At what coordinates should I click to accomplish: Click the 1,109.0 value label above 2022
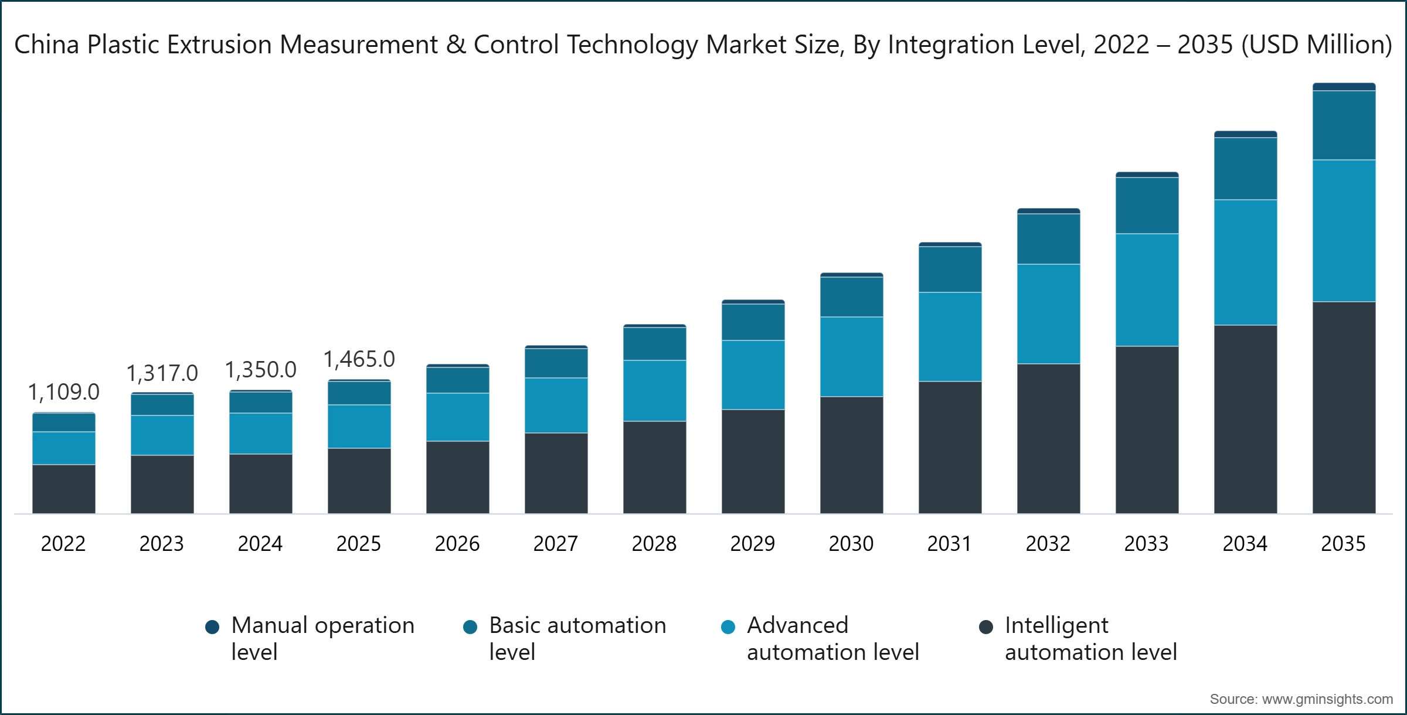click(x=64, y=392)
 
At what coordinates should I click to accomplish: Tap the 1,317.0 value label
click(x=162, y=373)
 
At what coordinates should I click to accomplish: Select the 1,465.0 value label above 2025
click(x=359, y=359)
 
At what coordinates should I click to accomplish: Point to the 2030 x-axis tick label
click(x=851, y=544)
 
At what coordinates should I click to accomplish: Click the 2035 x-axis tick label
click(x=1344, y=544)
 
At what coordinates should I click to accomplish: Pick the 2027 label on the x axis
click(x=556, y=544)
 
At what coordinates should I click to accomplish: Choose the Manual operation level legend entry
click(x=311, y=638)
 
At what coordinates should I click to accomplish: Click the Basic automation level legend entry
click(x=566, y=638)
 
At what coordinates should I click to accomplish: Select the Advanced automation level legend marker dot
click(x=728, y=627)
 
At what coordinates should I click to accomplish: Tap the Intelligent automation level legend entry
click(x=1079, y=638)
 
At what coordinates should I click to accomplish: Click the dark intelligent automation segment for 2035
click(x=1344, y=407)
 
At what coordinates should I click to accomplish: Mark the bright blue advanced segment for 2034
click(x=1245, y=263)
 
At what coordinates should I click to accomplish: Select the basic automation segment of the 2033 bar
click(x=1147, y=206)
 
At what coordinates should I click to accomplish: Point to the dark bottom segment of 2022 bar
click(x=64, y=489)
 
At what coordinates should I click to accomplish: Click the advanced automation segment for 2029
click(x=753, y=375)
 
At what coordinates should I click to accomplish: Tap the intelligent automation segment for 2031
click(x=950, y=447)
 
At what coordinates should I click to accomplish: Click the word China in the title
click(x=47, y=45)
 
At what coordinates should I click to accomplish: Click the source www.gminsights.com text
click(x=1301, y=699)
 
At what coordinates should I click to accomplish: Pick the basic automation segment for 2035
click(x=1344, y=125)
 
